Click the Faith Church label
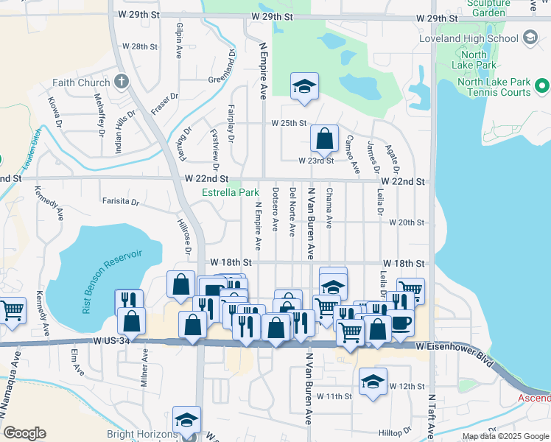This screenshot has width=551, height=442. point(80,83)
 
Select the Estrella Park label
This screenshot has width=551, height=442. point(231,193)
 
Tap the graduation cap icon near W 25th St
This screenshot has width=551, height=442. point(303,87)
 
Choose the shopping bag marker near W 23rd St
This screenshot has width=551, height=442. point(324,138)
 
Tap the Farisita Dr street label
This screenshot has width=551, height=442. point(121,200)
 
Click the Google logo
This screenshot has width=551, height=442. point(24,433)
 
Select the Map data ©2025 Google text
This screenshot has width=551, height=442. point(505,436)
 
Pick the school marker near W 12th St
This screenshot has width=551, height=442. point(373,382)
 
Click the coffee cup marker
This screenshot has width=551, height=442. point(401,321)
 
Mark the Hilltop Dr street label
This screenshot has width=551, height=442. point(397,432)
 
